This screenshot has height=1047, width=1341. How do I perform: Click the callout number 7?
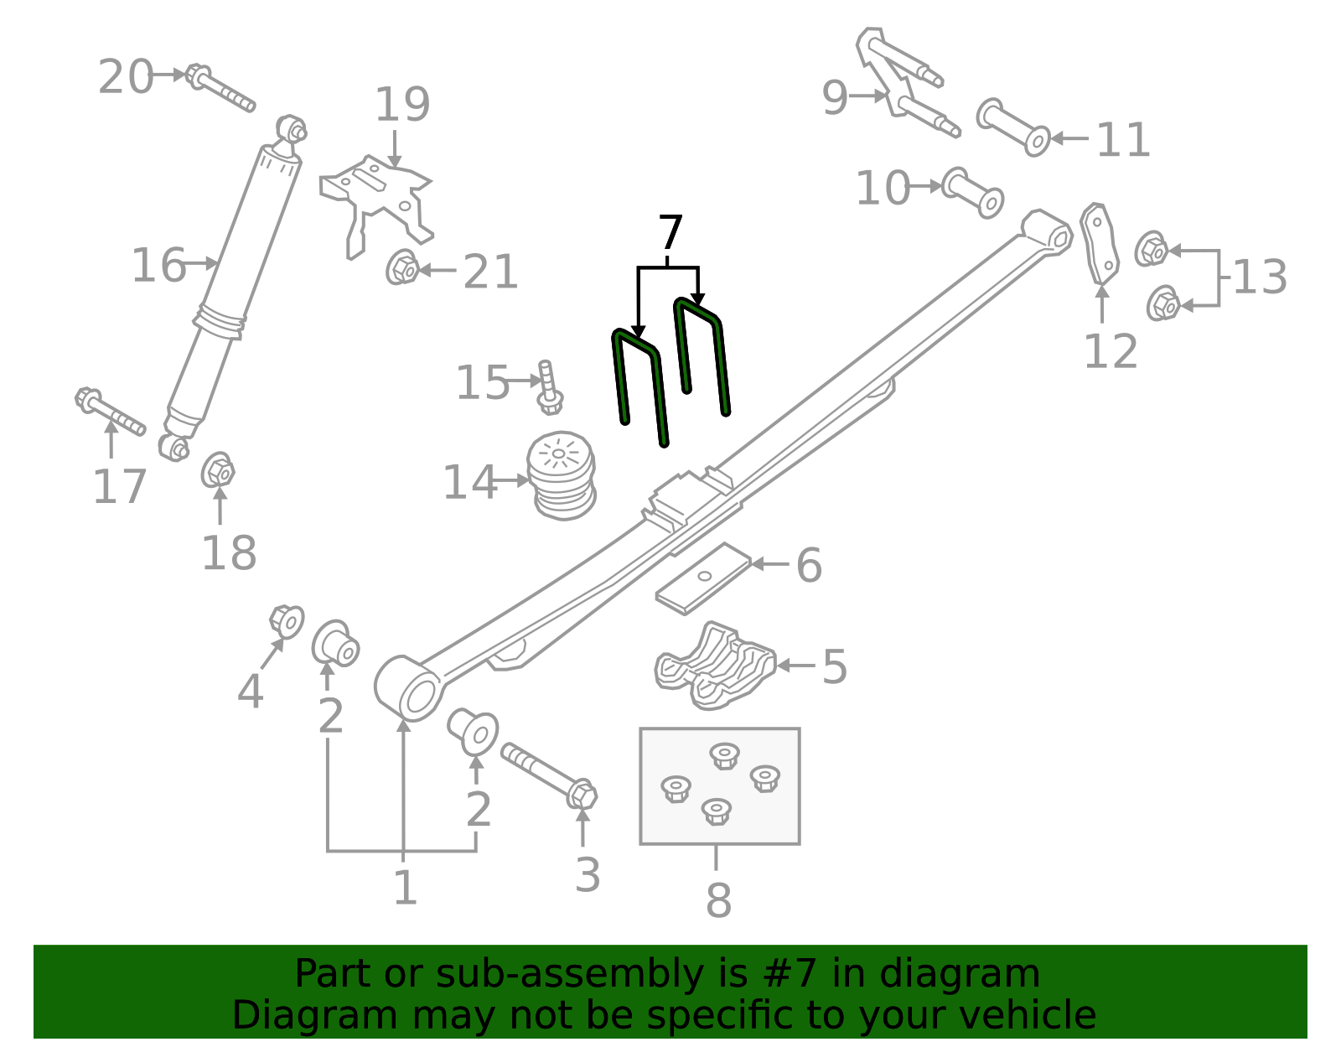670,233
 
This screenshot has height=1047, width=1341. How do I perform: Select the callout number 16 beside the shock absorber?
158,266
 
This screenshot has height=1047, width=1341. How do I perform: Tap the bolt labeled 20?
220,89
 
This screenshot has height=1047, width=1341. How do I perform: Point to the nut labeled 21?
404,268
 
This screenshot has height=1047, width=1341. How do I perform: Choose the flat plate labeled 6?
702,578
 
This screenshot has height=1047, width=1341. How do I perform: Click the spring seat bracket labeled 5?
715,666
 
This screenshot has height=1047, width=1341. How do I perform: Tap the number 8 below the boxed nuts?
718,900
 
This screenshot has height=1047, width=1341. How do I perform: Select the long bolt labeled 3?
549,772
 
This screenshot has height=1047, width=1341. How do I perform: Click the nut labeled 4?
287,621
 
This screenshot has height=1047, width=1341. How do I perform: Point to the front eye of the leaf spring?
408,687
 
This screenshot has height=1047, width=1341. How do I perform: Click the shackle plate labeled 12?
1100,243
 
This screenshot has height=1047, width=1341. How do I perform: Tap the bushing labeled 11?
1013,127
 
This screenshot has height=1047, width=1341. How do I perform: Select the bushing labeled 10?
972,192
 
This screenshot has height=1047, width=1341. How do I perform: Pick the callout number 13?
1260,277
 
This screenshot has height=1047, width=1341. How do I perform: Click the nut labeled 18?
218,471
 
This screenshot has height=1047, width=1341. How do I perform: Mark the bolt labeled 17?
110,412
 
